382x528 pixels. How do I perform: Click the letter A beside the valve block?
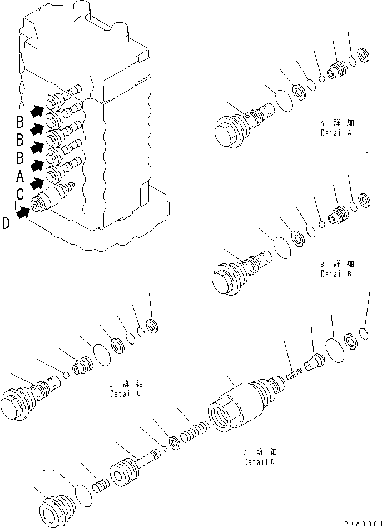(20, 176)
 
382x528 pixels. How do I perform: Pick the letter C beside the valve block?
(20, 194)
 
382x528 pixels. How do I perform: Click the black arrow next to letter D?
(23, 212)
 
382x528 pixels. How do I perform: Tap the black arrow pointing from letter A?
(37, 182)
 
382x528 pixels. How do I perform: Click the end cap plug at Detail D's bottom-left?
(56, 506)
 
